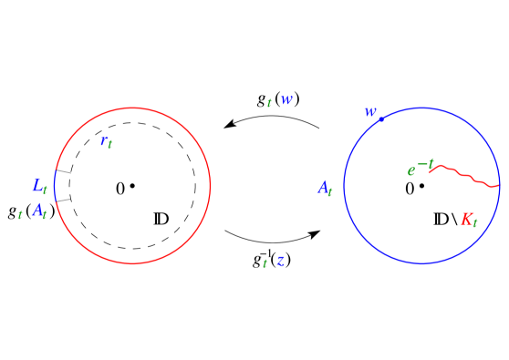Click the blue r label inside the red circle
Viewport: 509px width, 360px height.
pos(106,140)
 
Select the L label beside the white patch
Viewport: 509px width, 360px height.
pos(38,186)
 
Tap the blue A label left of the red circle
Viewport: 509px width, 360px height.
pos(38,211)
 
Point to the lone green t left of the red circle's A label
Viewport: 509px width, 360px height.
pos(20,215)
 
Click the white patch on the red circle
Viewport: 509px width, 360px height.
pos(56,185)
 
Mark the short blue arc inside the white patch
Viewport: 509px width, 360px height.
pos(55,185)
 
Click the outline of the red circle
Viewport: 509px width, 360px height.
pos(210,186)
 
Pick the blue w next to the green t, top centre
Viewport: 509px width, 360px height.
pos(286,100)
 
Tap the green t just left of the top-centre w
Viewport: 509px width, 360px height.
pos(269,103)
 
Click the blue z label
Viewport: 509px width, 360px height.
pos(280,261)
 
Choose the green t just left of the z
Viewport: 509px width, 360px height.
pos(265,263)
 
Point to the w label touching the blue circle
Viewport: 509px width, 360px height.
pos(369,111)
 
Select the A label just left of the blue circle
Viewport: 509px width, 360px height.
pos(325,189)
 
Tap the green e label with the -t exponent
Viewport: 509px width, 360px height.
pos(412,170)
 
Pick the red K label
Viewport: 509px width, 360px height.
pos(468,220)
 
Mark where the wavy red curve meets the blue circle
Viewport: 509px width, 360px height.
pos(499,186)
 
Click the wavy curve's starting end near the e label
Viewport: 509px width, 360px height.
pos(430,170)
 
